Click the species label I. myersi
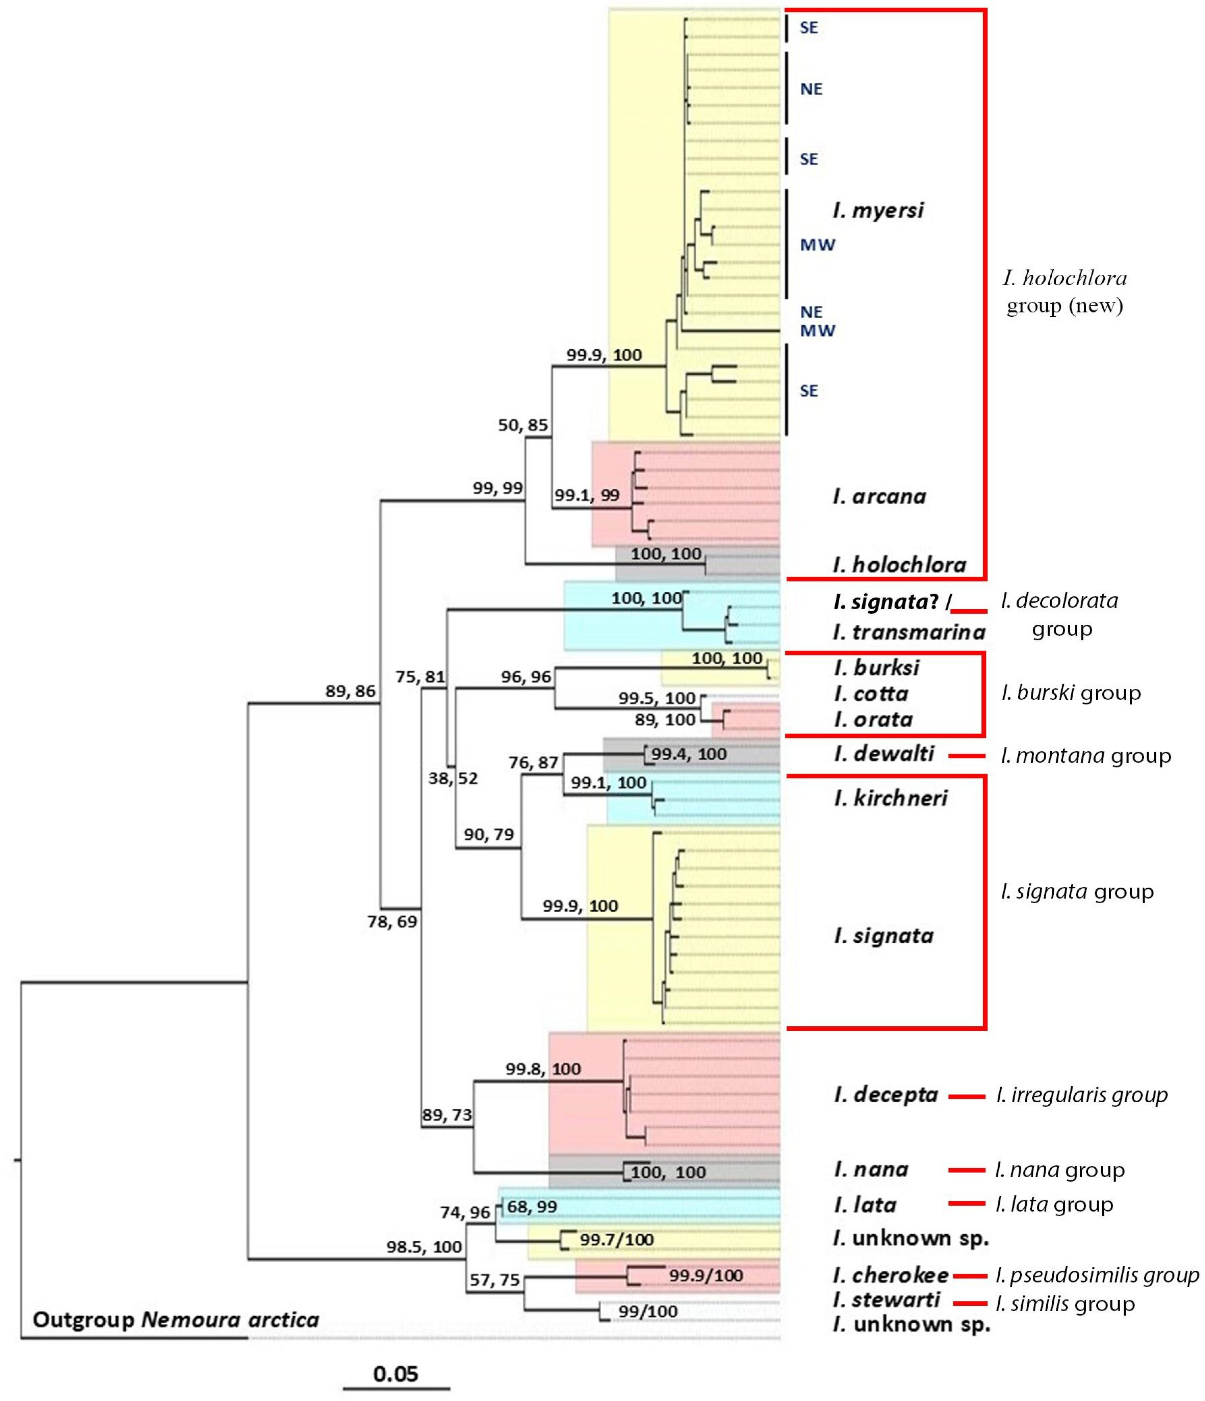pyautogui.click(x=877, y=210)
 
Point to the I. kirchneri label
pyautogui.click(x=890, y=799)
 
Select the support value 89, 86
pyautogui.click(x=350, y=691)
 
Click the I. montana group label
pyautogui.click(x=1085, y=755)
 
